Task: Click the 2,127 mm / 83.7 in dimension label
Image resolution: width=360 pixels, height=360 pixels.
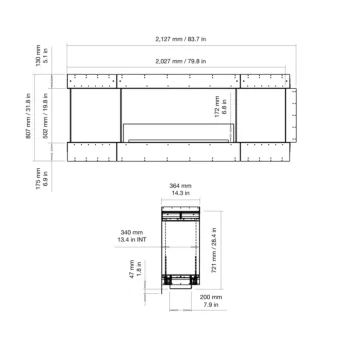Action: (x=179, y=40)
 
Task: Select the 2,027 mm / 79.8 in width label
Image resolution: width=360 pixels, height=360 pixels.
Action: (x=179, y=62)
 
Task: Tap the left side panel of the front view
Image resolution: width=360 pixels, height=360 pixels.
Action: (x=94, y=121)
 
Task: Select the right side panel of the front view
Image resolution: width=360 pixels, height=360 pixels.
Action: (x=266, y=121)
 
